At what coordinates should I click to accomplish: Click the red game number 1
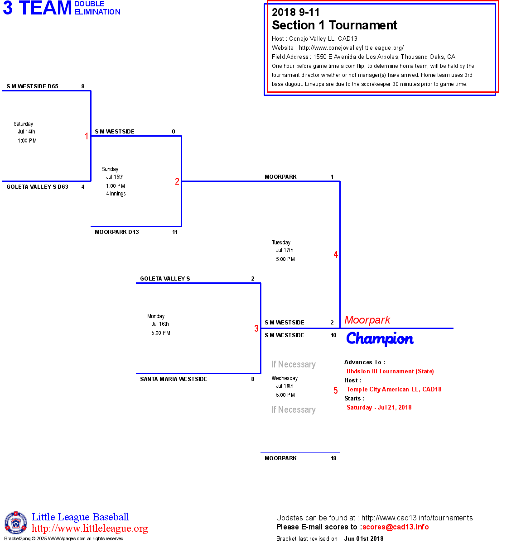87,136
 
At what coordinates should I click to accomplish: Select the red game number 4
336,255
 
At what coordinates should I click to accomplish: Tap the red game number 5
336,391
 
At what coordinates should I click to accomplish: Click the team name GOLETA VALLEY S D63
37,187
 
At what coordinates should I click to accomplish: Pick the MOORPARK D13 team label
117,232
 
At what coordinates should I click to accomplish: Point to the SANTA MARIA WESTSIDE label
174,379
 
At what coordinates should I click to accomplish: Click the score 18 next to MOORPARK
333,458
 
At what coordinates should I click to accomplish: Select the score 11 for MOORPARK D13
175,232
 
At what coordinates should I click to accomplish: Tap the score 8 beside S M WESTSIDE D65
83,86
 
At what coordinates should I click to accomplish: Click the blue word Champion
380,338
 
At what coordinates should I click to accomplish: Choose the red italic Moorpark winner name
367,320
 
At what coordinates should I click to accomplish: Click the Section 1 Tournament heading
334,25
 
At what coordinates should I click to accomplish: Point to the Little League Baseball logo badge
16,523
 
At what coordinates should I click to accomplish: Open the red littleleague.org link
90,529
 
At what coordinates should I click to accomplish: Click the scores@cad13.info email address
396,527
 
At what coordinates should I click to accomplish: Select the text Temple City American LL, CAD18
394,389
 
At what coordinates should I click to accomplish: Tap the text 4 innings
116,194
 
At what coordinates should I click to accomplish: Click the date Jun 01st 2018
364,538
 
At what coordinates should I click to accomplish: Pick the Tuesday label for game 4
281,243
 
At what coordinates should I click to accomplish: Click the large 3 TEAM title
37,8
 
